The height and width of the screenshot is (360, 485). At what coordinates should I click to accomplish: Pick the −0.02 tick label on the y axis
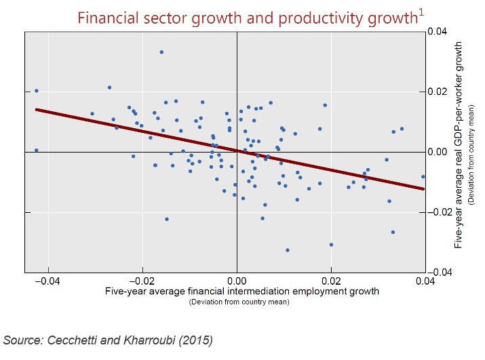(x=442, y=212)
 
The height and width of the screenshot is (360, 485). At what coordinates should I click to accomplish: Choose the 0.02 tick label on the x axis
(x=331, y=281)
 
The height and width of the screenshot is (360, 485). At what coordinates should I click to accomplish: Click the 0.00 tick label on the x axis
(x=237, y=281)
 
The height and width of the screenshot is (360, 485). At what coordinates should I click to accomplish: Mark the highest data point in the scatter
(x=161, y=52)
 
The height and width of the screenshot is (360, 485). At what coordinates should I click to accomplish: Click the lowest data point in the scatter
(x=288, y=250)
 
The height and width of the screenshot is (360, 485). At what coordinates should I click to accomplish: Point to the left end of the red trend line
(x=37, y=109)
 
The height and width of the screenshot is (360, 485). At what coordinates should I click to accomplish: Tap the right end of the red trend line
(x=424, y=188)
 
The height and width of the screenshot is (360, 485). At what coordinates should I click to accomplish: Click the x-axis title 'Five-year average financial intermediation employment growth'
(x=241, y=292)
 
